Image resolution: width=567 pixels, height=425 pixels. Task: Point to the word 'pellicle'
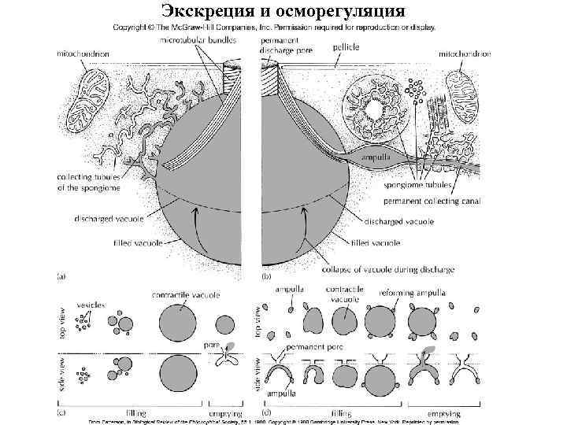pos(346,47)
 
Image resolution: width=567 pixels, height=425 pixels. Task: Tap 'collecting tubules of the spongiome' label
pos(91,181)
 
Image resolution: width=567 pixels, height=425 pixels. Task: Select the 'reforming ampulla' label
pos(424,293)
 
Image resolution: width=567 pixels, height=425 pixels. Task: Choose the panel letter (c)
pos(60,412)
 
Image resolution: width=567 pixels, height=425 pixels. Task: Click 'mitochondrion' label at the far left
pos(82,54)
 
